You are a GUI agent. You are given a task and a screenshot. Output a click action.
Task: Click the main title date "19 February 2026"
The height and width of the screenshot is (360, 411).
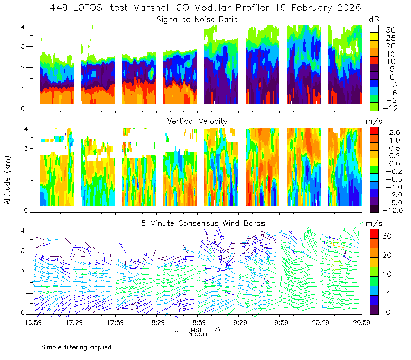point(318,8)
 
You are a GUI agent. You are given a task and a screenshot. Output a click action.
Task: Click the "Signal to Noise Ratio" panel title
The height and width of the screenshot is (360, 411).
point(197,20)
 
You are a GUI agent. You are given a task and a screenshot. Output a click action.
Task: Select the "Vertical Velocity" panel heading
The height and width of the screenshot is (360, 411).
point(197,121)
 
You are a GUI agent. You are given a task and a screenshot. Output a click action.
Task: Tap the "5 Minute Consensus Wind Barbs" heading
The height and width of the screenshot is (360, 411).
point(203,223)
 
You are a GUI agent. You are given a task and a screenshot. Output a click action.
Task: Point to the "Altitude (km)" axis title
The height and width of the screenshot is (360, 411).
point(7,180)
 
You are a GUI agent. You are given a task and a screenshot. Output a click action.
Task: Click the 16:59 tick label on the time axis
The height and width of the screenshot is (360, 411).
point(33,322)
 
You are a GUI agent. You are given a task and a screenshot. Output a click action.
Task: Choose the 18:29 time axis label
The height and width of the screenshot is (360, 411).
point(156,322)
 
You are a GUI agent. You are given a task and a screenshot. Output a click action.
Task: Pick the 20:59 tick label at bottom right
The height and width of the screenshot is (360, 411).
point(362,322)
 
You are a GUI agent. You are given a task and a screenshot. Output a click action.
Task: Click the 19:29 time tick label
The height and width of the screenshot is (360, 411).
point(238,322)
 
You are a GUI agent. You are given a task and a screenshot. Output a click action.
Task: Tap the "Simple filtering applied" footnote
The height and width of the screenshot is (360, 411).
point(76,347)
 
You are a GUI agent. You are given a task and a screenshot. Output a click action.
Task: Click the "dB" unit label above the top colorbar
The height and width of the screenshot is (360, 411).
point(374,20)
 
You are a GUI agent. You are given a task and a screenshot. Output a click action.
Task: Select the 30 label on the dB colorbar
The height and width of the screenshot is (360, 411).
point(390,30)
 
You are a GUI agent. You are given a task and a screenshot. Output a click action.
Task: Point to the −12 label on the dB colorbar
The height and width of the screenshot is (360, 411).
point(390,108)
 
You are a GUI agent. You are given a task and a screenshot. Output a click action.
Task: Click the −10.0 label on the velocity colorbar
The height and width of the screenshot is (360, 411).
point(393,210)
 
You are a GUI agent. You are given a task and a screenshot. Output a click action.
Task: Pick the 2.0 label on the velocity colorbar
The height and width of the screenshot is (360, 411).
point(395,133)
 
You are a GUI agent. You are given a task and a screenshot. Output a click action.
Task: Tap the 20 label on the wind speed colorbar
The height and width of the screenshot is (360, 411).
point(387,255)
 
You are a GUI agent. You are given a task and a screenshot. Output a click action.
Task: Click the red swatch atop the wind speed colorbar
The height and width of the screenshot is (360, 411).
point(375,234)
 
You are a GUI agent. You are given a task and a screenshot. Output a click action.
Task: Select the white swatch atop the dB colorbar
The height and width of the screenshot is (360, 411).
point(375,29)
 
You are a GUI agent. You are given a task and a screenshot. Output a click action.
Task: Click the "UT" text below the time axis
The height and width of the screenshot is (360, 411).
point(178,330)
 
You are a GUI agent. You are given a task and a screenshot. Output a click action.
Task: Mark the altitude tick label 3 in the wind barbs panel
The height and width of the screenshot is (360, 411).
point(23,250)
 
